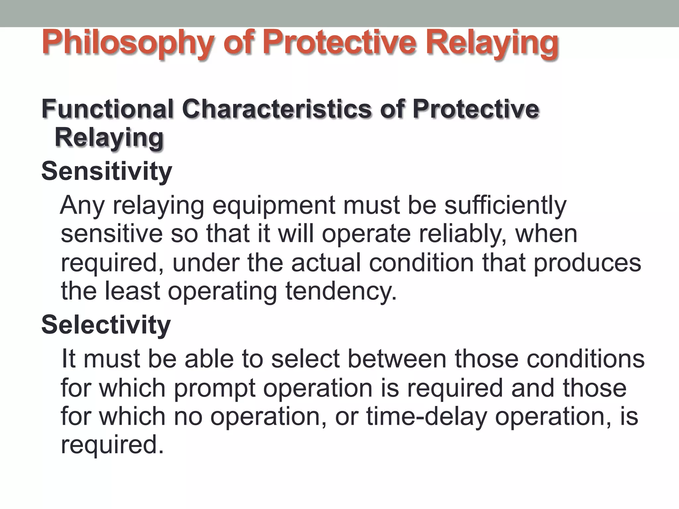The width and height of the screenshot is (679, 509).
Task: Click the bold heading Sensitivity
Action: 106,171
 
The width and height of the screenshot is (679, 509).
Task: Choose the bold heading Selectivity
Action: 106,325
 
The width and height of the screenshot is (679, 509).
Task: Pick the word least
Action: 133,291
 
